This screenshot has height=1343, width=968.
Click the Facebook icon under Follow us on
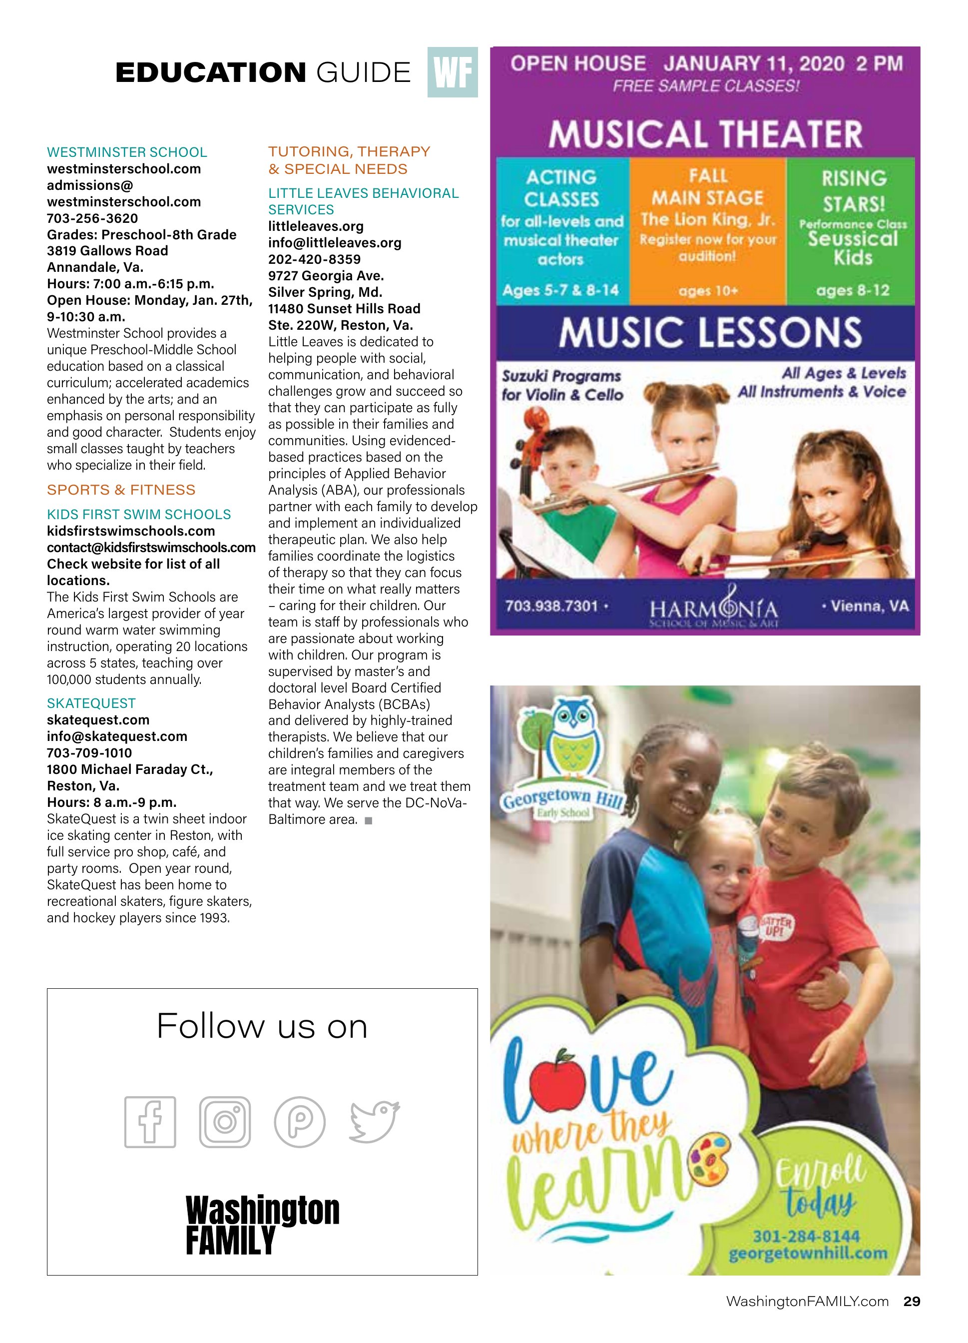(150, 1122)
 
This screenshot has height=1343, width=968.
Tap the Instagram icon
(225, 1122)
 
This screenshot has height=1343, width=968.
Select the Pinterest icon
(300, 1122)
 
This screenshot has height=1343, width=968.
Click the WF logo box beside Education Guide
(453, 72)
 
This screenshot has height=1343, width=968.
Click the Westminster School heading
(127, 152)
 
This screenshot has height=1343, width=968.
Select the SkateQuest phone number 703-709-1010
(89, 752)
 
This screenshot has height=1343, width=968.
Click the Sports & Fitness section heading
(121, 490)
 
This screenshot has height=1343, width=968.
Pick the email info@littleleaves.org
(335, 243)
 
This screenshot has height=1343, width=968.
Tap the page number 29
(912, 1301)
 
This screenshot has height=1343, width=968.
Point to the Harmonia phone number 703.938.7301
(551, 606)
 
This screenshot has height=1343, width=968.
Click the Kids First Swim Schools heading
(138, 515)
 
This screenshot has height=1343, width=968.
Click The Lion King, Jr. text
(707, 220)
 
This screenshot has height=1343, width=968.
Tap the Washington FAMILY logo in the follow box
(262, 1225)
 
